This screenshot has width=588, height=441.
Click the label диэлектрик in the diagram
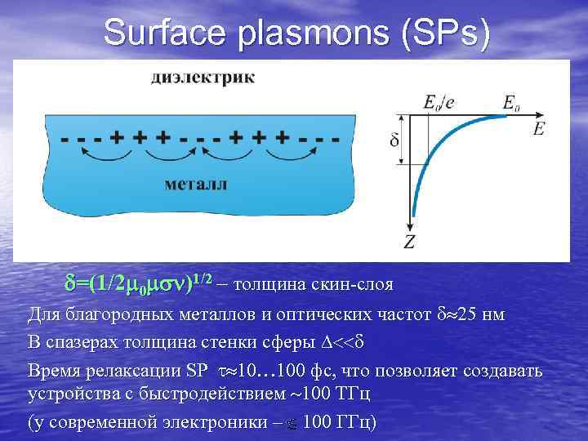point(202,78)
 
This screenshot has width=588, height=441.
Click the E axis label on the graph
point(538,129)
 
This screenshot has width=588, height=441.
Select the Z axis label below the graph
point(408,241)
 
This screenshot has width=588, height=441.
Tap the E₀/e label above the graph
point(439,101)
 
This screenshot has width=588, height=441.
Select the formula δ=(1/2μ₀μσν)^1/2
point(138,283)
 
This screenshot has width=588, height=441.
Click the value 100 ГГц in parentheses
point(336,423)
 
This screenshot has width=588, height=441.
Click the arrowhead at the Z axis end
point(408,226)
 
